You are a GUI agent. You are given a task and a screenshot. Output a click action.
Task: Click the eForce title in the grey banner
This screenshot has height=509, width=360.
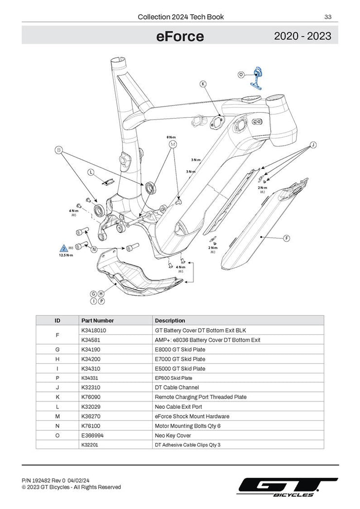click(180, 36)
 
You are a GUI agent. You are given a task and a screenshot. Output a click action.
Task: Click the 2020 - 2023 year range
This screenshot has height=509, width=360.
click(303, 36)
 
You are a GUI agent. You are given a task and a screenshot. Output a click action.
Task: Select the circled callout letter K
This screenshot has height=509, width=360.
click(203, 84)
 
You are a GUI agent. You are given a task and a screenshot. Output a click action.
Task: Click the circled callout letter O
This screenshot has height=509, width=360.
click(241, 74)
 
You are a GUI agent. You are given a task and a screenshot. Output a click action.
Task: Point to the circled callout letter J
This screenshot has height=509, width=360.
click(313, 145)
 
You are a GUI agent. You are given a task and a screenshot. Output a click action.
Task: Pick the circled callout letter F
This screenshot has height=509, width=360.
click(287, 238)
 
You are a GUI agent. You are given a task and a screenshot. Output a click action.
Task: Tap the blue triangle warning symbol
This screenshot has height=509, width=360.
click(64, 247)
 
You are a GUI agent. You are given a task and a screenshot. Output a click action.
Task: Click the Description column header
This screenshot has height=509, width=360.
click(170, 320)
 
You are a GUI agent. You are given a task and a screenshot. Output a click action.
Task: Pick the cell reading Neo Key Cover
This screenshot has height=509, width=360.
click(173, 435)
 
